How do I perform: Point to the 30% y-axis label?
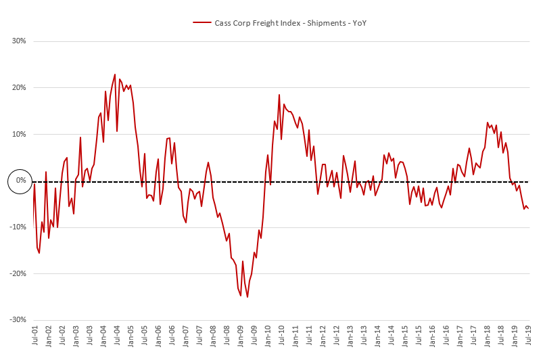click(19, 41)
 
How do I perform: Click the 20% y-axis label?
click(19, 88)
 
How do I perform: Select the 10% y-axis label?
click(19, 134)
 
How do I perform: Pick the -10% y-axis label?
click(18, 227)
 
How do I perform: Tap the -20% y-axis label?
click(18, 273)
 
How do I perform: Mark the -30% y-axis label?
click(18, 319)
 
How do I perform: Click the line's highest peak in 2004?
click(115, 74)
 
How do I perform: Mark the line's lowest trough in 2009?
click(247, 297)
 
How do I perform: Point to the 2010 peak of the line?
click(279, 95)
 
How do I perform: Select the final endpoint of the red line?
click(528, 208)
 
